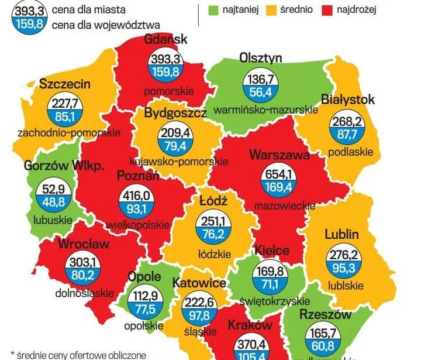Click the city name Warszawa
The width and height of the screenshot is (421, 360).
(279, 155)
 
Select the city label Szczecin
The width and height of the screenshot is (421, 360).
(65, 84)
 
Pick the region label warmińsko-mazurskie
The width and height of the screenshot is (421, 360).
(266, 109)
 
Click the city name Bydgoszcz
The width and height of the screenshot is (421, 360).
(175, 112)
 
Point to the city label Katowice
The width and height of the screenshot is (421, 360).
(199, 283)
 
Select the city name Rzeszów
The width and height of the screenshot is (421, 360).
(325, 315)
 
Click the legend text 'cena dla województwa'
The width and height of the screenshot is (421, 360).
(105, 25)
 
